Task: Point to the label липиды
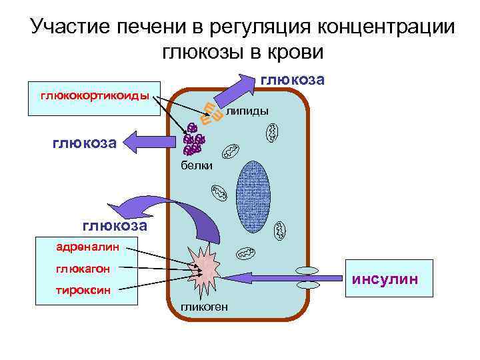[247, 111]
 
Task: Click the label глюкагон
[83, 269]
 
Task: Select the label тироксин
[83, 290]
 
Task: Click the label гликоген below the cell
[204, 307]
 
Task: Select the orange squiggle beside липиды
[211, 115]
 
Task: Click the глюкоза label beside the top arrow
[293, 80]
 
